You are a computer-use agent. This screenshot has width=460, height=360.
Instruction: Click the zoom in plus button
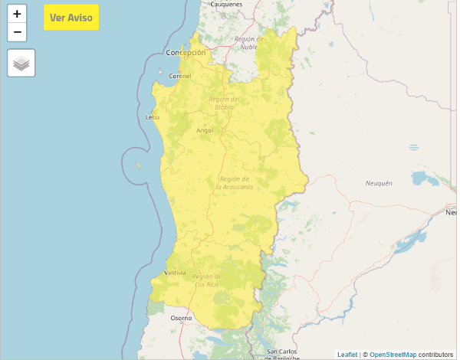[17, 14]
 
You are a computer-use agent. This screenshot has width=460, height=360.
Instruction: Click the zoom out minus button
[17, 32]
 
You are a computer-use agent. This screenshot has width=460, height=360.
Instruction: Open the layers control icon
[21, 63]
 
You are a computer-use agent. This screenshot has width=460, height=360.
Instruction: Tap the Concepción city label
[186, 53]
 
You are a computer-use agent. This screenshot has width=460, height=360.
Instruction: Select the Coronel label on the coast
[180, 77]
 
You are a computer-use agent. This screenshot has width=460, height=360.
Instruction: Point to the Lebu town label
[152, 117]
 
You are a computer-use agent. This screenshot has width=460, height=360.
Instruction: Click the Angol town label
[205, 130]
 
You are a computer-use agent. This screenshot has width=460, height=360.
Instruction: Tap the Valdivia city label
[175, 273]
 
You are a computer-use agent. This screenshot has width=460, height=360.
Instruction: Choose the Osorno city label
[181, 318]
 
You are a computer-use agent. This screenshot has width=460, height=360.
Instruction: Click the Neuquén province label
[379, 183]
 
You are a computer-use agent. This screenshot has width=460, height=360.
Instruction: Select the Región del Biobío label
[224, 103]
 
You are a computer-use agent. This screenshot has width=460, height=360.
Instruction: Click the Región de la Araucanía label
[235, 182]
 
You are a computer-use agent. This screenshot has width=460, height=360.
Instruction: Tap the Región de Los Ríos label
[207, 280]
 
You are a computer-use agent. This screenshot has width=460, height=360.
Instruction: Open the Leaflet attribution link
[347, 355]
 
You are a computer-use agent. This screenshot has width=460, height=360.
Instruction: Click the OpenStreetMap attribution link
[393, 355]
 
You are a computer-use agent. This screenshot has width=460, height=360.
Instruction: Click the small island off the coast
[139, 165]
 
